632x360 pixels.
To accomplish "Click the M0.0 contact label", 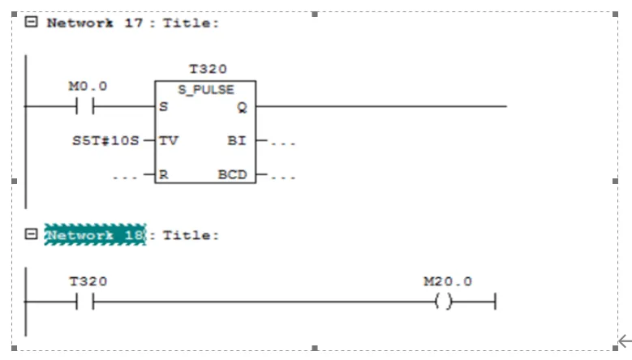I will coord(88,86).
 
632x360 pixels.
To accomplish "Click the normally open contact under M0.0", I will coord(84,106).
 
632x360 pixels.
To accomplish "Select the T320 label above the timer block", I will coord(207,69).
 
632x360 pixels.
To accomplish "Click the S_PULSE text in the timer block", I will coord(206,90).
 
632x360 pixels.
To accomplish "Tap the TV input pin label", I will coord(169,140).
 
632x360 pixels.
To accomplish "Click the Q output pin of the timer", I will coord(242,107).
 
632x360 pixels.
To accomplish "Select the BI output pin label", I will coord(237,140).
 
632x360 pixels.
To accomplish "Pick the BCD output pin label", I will coord(232,174).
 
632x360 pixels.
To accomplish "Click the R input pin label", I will coord(164,174).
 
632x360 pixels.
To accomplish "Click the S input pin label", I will coord(164,107).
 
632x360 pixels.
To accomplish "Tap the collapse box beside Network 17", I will coord(31,22).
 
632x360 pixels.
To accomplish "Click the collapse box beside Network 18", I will coord(31,234).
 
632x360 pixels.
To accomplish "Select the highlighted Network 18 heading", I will coord(95,235).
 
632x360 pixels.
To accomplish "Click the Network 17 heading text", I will coord(95,23).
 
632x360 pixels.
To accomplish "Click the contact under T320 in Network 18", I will coord(84,302).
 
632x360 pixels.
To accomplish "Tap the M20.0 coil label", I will coord(448,281).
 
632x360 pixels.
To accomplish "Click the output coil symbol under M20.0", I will coord(444,302).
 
